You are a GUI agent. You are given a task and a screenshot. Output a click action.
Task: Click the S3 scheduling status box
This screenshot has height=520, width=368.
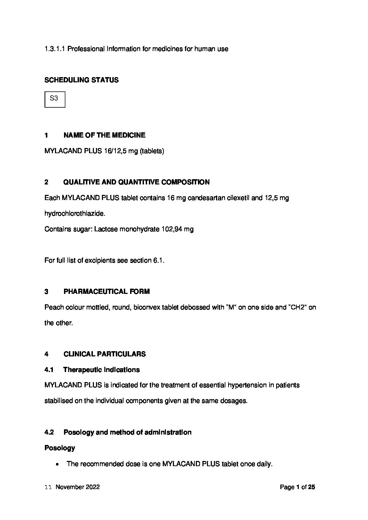point(55,99)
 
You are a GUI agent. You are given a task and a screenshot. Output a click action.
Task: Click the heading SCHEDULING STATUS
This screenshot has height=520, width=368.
point(81,80)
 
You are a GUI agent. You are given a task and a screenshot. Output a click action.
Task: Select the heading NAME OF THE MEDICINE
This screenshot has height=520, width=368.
point(104,135)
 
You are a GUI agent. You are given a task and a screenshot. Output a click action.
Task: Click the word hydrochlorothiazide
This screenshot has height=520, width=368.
point(74,214)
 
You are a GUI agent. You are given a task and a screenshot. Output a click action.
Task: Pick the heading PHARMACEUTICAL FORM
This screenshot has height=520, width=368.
point(106,291)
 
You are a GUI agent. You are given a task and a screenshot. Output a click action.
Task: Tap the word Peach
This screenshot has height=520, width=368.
point(52,307)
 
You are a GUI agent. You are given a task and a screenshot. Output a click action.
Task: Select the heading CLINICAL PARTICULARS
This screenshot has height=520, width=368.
point(104,354)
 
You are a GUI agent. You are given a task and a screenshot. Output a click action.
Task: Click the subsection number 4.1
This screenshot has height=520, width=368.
point(49,370)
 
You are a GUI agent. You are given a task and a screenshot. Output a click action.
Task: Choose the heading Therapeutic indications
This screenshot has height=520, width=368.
point(101,370)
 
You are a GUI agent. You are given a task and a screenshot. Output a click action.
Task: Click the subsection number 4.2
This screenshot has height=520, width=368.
point(49,432)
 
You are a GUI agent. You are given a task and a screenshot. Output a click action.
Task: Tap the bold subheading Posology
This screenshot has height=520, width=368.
point(60,448)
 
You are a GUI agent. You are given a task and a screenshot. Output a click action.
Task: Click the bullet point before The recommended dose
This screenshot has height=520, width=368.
point(56,464)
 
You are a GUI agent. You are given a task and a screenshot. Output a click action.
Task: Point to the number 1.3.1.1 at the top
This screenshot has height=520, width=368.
point(55,49)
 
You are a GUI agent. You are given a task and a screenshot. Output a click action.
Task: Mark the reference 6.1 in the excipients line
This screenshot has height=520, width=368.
point(158,260)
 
